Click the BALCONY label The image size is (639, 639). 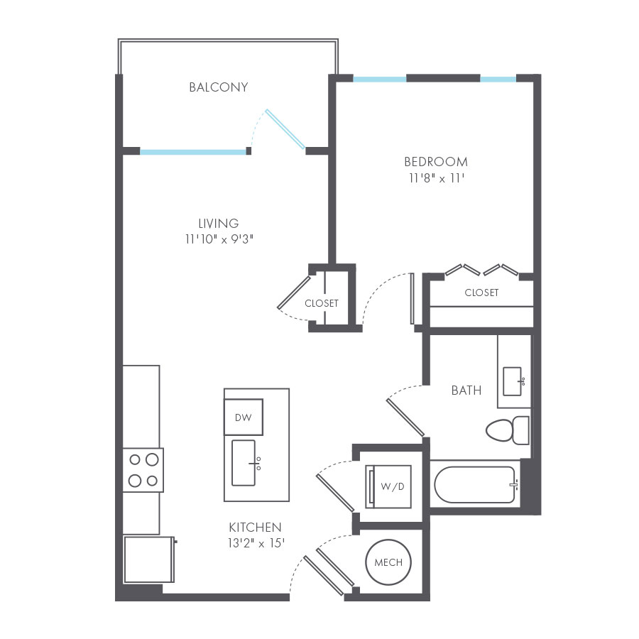click(x=219, y=87)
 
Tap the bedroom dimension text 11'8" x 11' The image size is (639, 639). click(x=435, y=179)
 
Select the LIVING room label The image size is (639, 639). click(x=219, y=223)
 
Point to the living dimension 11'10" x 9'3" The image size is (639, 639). click(x=219, y=239)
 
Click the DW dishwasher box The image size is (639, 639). click(x=243, y=417)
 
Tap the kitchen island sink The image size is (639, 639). click(x=244, y=463)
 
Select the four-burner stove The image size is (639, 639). click(x=142, y=469)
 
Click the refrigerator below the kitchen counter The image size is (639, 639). click(x=148, y=559)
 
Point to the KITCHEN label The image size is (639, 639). click(x=255, y=528)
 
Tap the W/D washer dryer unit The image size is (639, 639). click(x=388, y=486)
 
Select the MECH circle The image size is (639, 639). click(x=388, y=563)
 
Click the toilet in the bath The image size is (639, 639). click(x=507, y=430)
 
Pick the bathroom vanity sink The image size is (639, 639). click(x=512, y=381)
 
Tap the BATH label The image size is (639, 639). click(x=466, y=390)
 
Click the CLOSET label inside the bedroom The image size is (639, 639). click(x=481, y=293)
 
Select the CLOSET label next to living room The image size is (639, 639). click(x=321, y=303)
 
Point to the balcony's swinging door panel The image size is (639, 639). click(x=285, y=130)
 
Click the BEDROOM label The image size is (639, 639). click(x=435, y=161)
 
